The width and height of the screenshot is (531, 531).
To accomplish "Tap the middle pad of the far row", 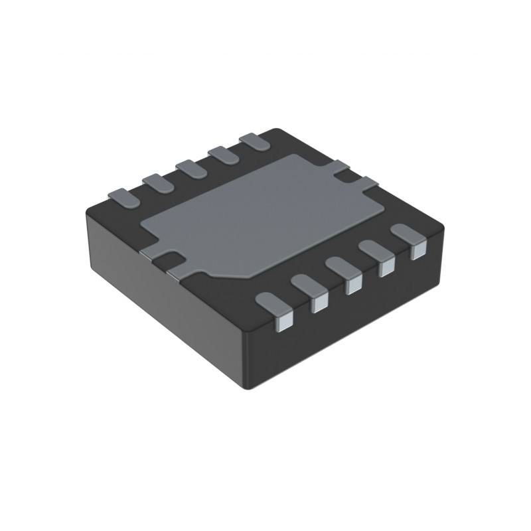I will tap(191, 168).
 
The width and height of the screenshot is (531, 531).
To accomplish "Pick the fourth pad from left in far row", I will tap(224, 154).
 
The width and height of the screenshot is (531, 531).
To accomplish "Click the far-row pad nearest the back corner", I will tap(255, 141).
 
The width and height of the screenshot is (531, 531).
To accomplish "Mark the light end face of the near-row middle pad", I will tap(354, 285).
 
